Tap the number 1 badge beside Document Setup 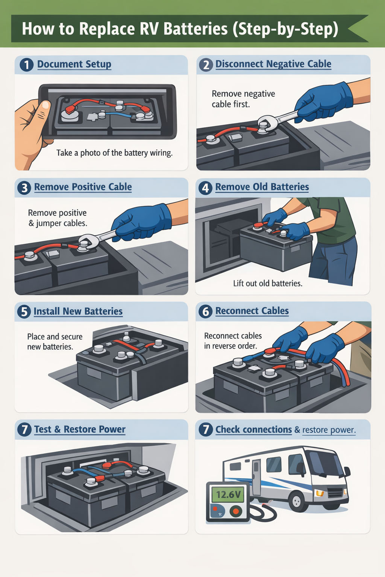point(26,65)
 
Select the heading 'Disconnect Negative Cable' point(273,64)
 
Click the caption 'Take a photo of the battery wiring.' point(114,153)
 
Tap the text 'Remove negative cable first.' point(243,99)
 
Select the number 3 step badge point(24,187)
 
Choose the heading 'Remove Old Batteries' point(262,187)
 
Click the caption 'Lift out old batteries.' point(267,283)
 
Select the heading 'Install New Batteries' point(78,311)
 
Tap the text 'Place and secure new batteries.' point(55,341)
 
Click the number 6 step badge point(205,311)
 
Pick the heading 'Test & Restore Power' point(80,429)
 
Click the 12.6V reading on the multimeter point(228,494)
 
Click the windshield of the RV point(323,462)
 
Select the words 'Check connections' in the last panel point(253,429)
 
